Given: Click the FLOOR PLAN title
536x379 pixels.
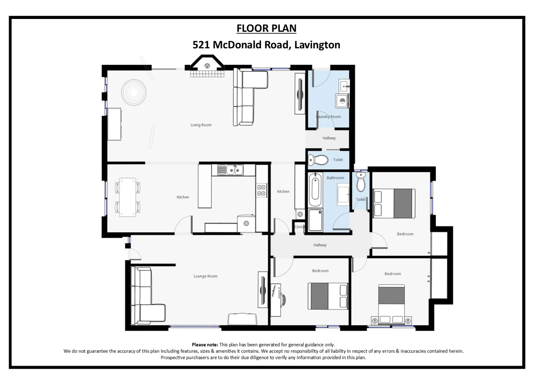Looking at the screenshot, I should (x=266, y=28).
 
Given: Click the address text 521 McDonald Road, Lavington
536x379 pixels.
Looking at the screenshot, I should (x=266, y=45).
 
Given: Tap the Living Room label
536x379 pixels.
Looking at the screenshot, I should (x=201, y=125).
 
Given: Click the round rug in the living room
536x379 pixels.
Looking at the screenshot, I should (x=134, y=93).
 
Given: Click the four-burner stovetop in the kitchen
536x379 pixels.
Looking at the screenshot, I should (x=261, y=190).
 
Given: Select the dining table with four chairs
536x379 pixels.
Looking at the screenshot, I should (x=127, y=197).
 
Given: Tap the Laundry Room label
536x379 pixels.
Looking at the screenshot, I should (x=329, y=117).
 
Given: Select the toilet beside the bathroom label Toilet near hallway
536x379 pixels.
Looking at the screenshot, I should (x=318, y=160).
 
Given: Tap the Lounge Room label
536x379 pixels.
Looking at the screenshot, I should (x=205, y=276).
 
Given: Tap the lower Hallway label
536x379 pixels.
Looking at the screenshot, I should (x=320, y=245).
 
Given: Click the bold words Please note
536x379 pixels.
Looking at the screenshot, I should (x=205, y=345).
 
